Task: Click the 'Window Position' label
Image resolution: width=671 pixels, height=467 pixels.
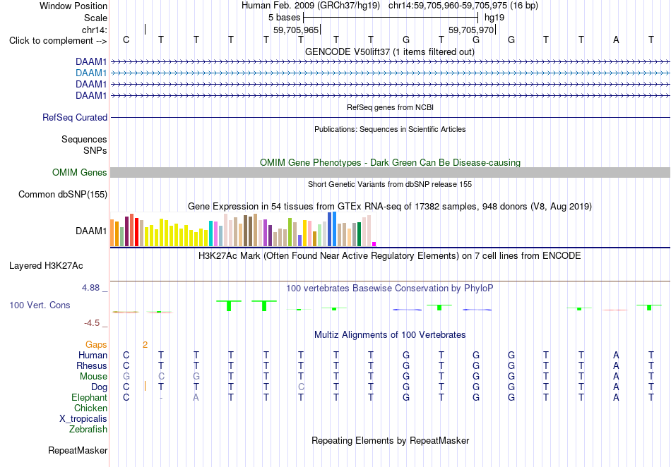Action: tap(73, 6)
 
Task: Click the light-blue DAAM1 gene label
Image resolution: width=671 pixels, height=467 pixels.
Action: tap(91, 73)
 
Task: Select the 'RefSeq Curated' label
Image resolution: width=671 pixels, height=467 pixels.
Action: tap(75, 118)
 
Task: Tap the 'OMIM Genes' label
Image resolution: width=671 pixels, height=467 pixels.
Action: tap(80, 173)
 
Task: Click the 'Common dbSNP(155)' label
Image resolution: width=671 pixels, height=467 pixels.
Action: tap(63, 195)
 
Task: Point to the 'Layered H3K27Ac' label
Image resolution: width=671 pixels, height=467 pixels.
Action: tap(46, 266)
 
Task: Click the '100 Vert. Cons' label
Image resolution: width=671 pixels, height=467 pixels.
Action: tap(40, 305)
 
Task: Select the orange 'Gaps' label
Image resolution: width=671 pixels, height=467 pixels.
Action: tap(96, 345)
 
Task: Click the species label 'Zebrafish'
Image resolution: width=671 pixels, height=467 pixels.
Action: tap(88, 430)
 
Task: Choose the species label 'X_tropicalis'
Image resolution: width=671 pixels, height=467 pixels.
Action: tap(83, 419)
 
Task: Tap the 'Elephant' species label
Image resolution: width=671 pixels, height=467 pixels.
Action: tap(89, 398)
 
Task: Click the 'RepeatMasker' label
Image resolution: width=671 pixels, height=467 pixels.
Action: tap(78, 451)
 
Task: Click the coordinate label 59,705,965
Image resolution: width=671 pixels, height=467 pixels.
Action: tap(296, 30)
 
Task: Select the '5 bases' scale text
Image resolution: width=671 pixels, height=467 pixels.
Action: tap(285, 18)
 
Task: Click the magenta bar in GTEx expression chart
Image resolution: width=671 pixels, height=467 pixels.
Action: tap(374, 244)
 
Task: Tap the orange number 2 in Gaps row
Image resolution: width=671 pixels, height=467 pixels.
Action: tap(145, 345)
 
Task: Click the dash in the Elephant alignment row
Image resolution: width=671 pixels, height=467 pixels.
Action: tap(161, 398)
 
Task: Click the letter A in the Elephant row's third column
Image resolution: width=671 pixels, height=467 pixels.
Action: tap(196, 398)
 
